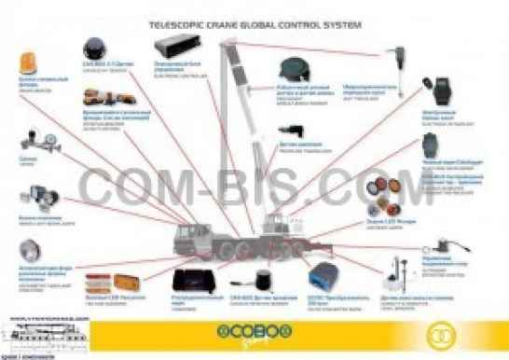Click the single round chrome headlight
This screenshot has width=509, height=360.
(31, 251)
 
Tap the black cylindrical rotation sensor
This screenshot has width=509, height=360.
(253, 279)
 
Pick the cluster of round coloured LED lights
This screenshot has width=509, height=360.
(389, 194)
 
